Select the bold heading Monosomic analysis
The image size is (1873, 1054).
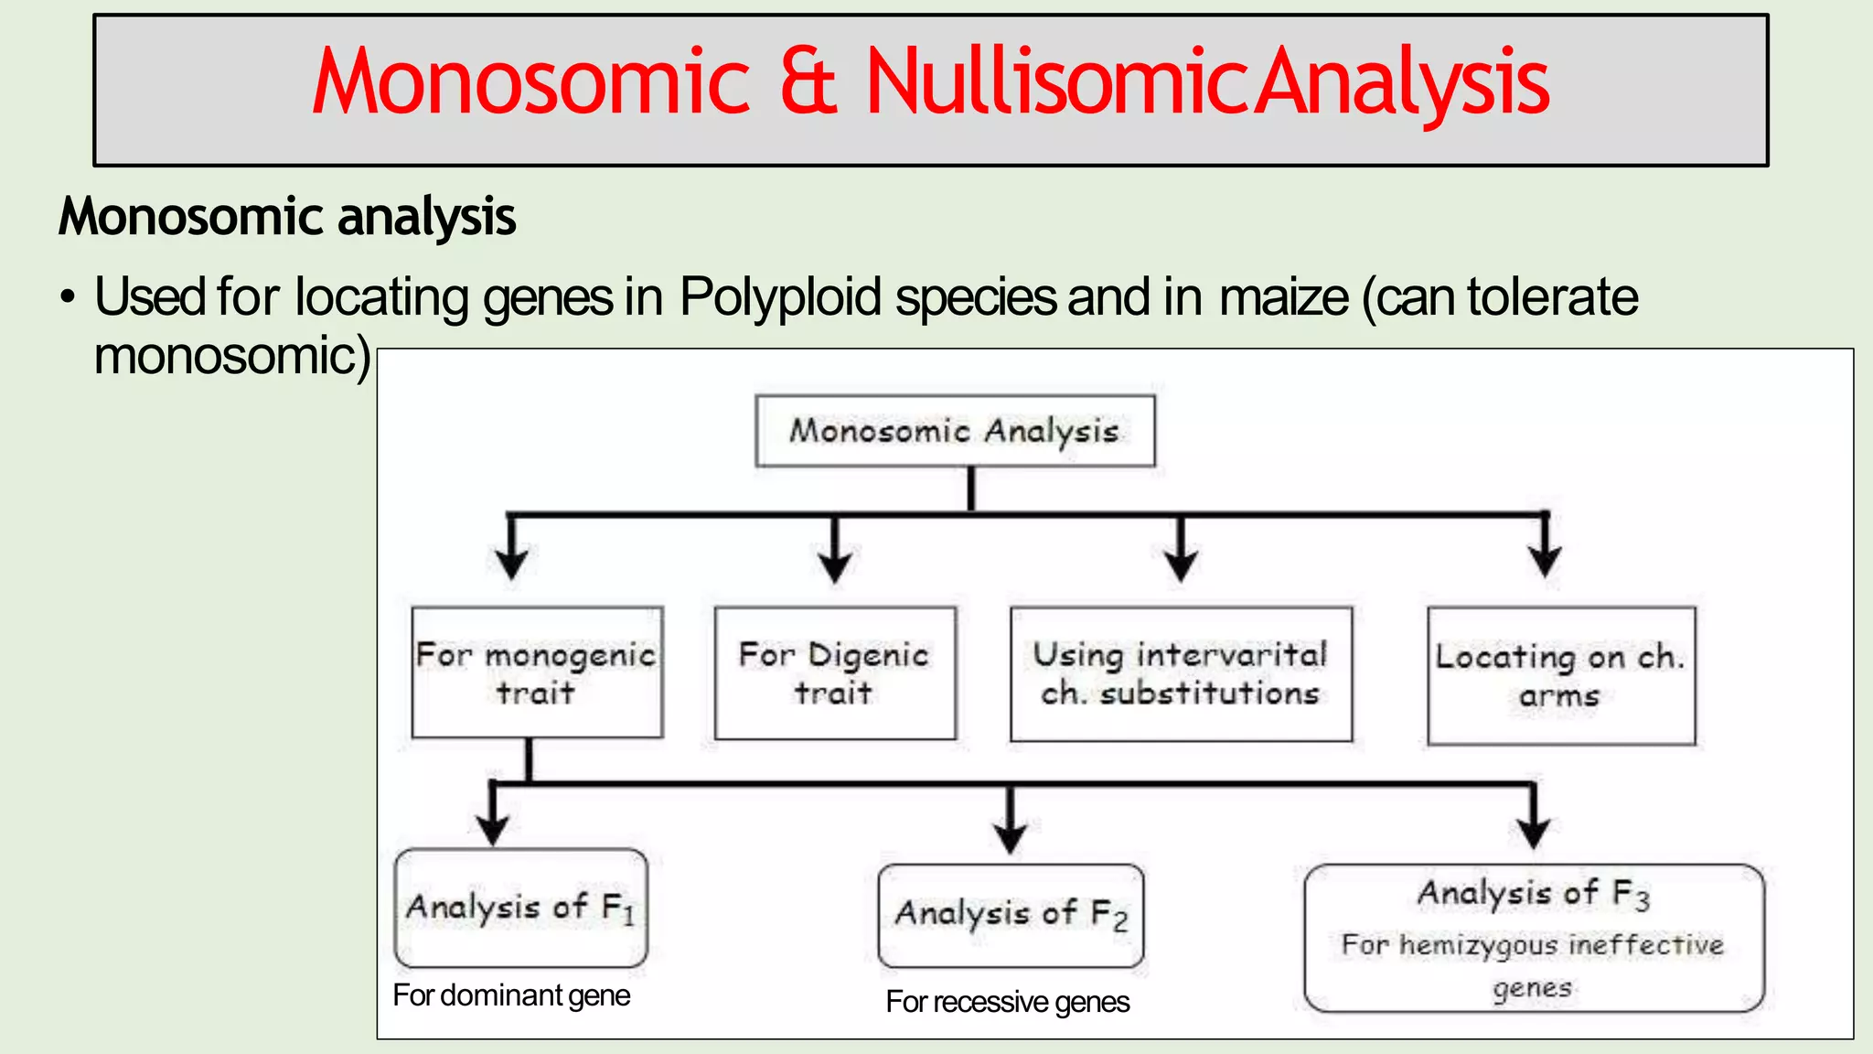[287, 217]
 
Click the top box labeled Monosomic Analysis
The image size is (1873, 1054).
[955, 431]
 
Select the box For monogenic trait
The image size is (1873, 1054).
[537, 672]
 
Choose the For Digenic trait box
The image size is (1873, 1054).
[834, 673]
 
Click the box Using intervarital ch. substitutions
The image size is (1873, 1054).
[1181, 674]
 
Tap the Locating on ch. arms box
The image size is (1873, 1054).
[1561, 676]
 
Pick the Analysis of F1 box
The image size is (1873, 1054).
[520, 908]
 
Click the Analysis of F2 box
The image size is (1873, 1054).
[1011, 914]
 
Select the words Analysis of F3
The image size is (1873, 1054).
[1534, 893]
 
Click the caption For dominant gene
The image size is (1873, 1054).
[511, 995]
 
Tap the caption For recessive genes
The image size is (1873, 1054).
[1008, 1002]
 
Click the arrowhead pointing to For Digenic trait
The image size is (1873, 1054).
[834, 565]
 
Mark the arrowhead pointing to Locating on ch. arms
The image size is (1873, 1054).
[1545, 560]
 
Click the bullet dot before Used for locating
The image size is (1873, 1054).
[66, 299]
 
